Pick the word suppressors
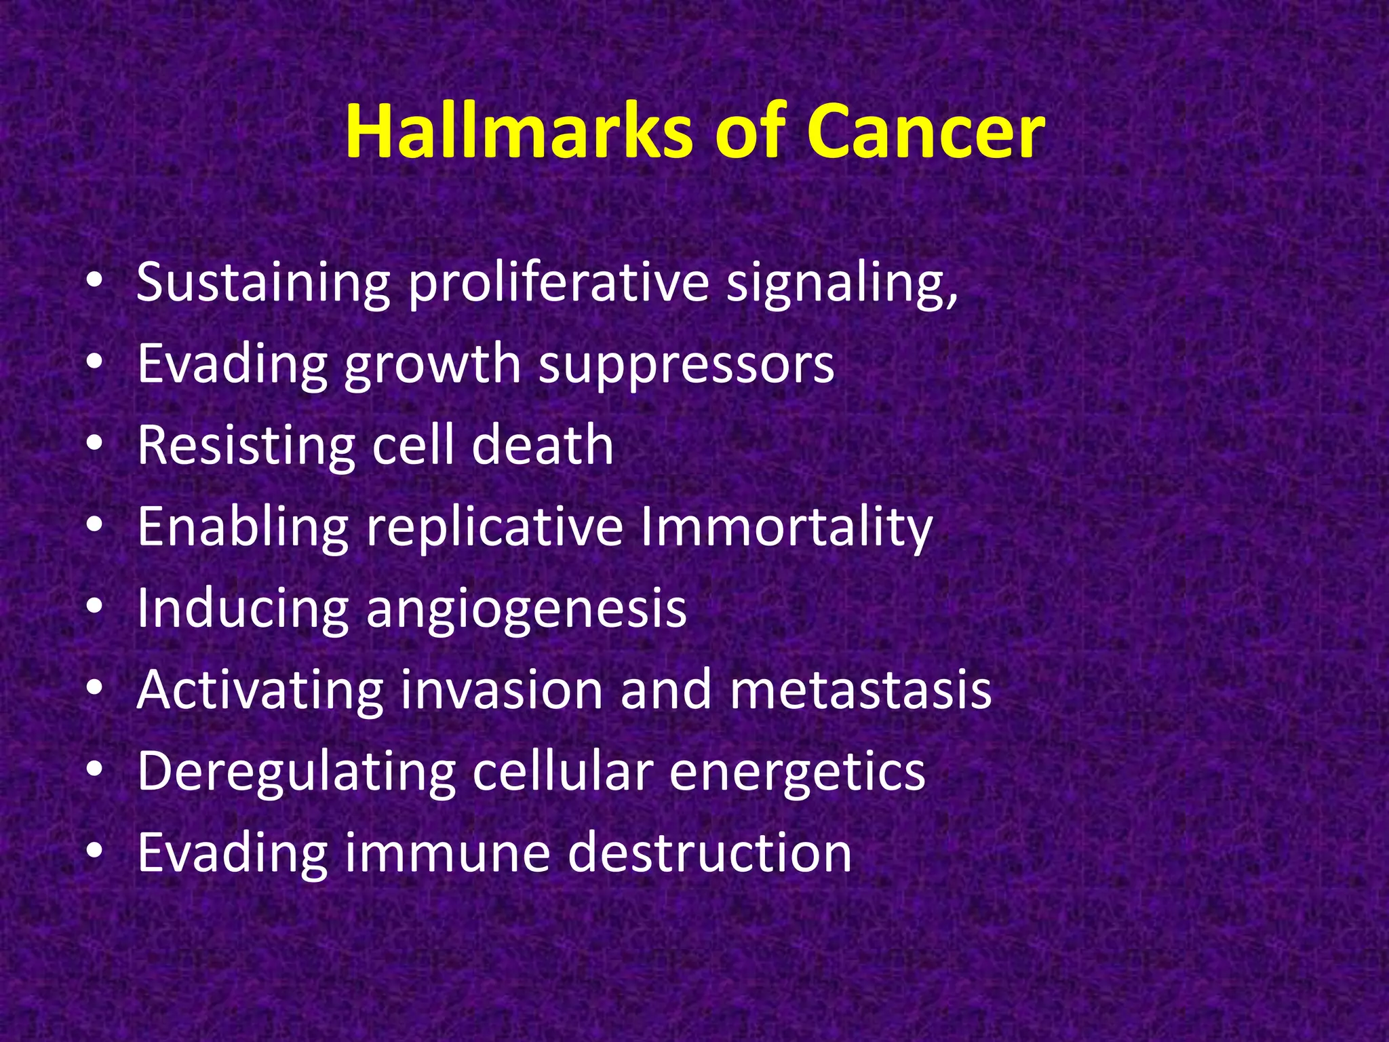[x=686, y=364]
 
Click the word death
[x=543, y=445]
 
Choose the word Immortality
[x=786, y=526]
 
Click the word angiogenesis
[x=526, y=608]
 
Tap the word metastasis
[x=861, y=689]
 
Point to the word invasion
[x=501, y=689]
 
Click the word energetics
[x=797, y=771]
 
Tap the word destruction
[x=709, y=852]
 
